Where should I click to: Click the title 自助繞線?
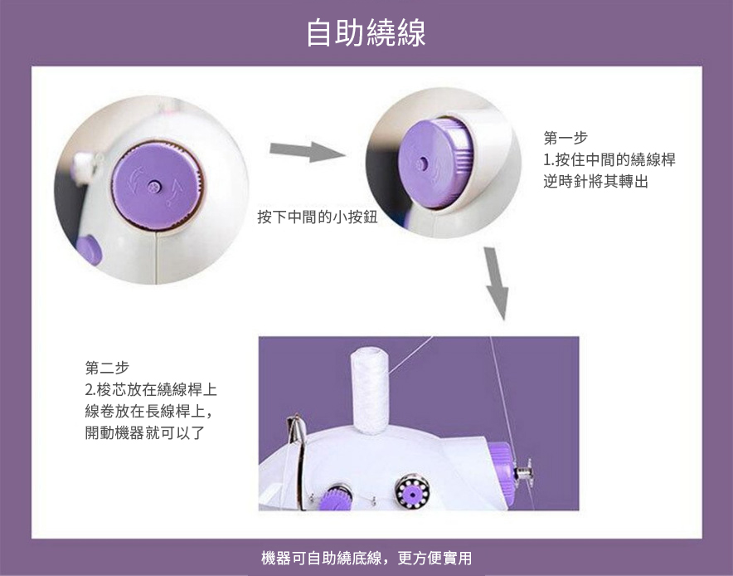[x=366, y=32]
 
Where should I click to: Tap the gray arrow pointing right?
[x=307, y=151]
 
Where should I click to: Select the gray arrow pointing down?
[x=496, y=283]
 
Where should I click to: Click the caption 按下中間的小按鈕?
[x=318, y=217]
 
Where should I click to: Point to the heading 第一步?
[x=566, y=138]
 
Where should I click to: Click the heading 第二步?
[x=107, y=368]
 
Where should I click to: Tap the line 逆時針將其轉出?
[x=595, y=181]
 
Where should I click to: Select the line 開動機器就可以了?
[x=145, y=432]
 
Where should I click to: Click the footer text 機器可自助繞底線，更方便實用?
[x=366, y=558]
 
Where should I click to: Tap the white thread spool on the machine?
[x=369, y=390]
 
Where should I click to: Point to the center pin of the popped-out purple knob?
[x=422, y=164]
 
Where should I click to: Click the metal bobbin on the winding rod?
[x=524, y=471]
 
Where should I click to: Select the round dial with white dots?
[x=412, y=492]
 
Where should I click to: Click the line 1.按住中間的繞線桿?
[x=609, y=159]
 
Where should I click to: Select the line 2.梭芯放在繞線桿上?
[x=151, y=389]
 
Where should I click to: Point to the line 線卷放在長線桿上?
[x=145, y=411]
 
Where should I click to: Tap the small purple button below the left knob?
[x=89, y=251]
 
